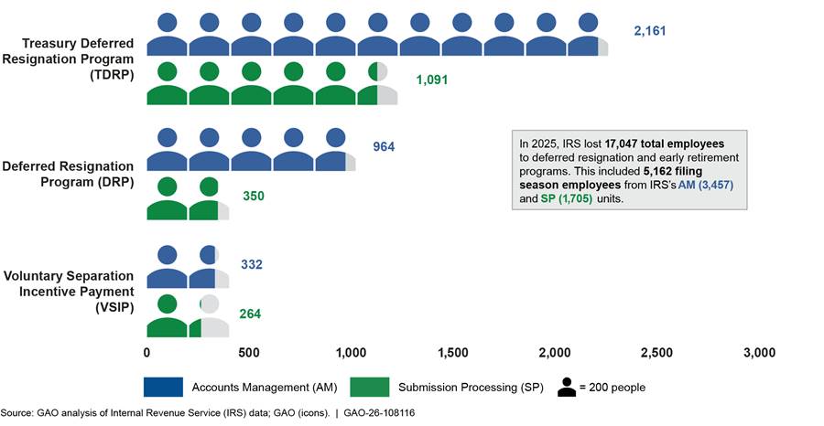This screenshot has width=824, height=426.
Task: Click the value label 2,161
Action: click(x=650, y=31)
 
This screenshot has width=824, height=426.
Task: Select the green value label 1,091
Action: click(x=432, y=80)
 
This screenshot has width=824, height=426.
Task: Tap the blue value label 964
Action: click(x=384, y=147)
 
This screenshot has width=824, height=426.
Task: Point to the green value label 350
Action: click(x=254, y=196)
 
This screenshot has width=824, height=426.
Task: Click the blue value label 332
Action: click(x=250, y=265)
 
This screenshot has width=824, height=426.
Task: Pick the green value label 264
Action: click(x=249, y=314)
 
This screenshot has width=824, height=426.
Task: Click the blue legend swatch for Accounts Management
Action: click(x=164, y=387)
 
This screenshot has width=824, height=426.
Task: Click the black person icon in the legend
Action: click(x=568, y=387)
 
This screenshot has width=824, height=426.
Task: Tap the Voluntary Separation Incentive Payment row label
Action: click(x=69, y=292)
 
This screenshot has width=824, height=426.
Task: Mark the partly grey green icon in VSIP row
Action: click(x=210, y=315)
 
